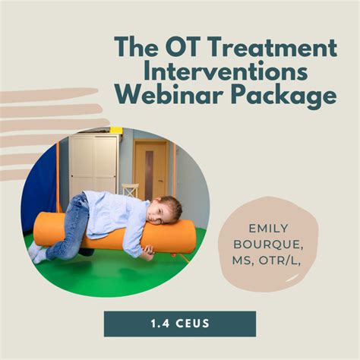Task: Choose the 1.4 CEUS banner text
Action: coord(179,324)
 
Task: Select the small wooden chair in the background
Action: coord(130,190)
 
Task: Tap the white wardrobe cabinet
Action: coord(94,163)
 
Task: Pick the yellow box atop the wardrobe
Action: coord(115,130)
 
